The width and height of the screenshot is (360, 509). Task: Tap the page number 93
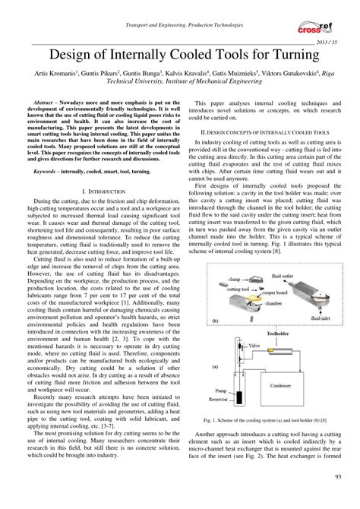pyautogui.click(x=336, y=498)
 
